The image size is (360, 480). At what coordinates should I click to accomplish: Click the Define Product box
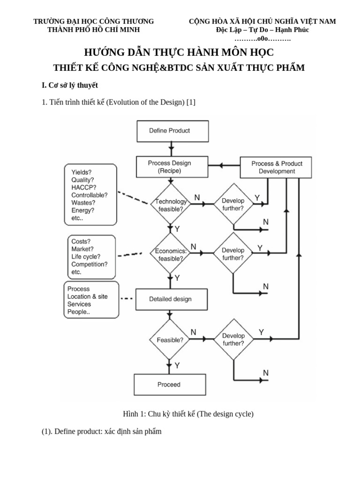click(169, 131)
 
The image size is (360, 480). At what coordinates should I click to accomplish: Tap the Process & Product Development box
click(277, 167)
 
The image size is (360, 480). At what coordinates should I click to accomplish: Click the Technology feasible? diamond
click(169, 205)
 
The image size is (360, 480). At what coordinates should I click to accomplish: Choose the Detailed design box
click(170, 299)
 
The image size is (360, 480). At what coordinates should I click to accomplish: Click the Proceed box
click(169, 384)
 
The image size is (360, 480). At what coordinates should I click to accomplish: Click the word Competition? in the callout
click(89, 264)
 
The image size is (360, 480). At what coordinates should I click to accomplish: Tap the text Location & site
click(87, 297)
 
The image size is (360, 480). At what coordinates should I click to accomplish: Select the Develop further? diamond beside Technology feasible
click(233, 204)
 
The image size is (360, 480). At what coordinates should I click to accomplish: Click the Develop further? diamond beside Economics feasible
click(233, 254)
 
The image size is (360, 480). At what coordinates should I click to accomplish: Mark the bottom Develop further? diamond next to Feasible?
click(233, 339)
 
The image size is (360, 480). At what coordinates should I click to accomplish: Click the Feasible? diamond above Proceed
click(169, 340)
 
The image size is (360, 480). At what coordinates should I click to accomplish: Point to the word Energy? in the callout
click(83, 210)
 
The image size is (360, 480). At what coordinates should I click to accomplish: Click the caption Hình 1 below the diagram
click(187, 414)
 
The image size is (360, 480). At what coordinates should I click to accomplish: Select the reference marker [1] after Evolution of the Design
click(190, 102)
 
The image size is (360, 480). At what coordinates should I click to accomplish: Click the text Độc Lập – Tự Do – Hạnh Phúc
click(262, 30)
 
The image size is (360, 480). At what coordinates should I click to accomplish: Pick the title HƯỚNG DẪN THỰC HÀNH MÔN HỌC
click(178, 52)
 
